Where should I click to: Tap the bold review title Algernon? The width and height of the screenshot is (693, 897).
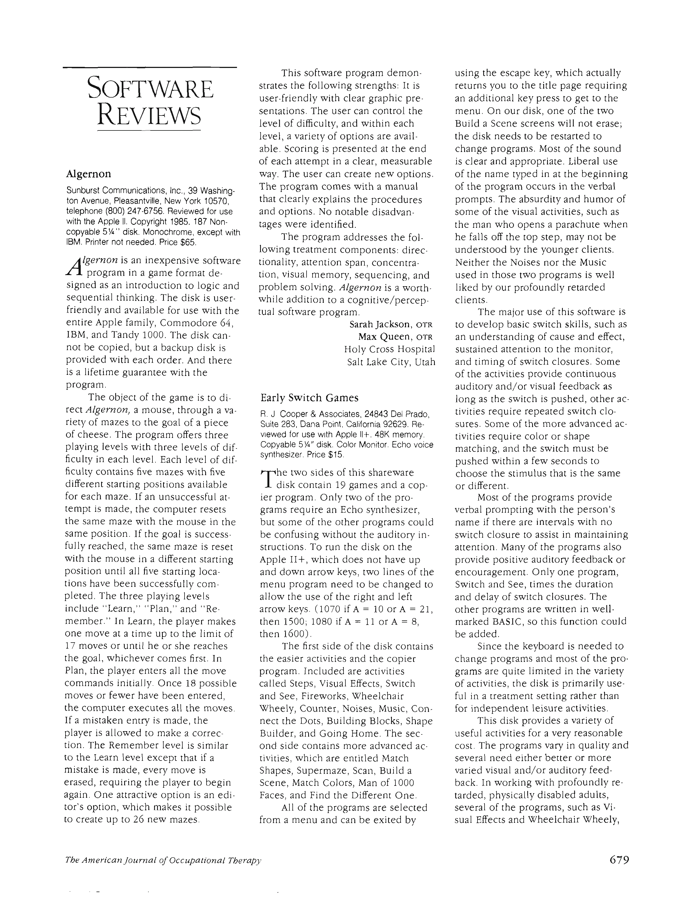[x=88, y=174]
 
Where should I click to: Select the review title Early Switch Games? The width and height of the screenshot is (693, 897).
[x=310, y=398]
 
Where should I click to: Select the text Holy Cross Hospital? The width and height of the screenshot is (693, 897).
[x=389, y=350]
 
